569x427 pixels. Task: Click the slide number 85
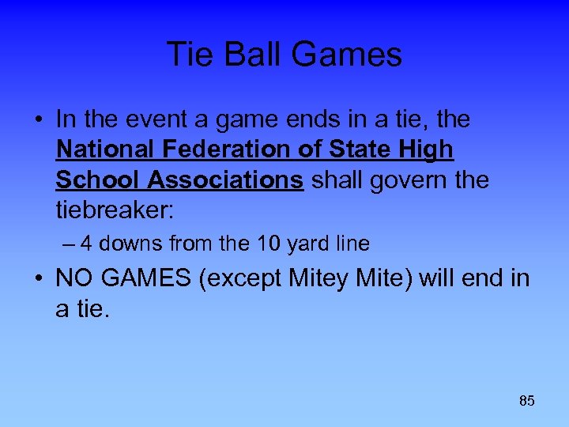[x=527, y=401]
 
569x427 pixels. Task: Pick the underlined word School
[x=92, y=179]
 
